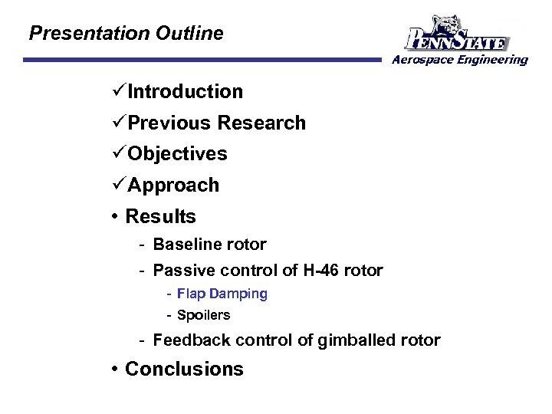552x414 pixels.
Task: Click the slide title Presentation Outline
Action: [x=126, y=34]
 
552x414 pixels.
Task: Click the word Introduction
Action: [x=186, y=92]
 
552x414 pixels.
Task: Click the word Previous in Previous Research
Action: [x=169, y=123]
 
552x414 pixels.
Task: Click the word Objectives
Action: [x=178, y=154]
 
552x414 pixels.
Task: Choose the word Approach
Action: [x=173, y=186]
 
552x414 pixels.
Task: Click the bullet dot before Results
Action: [x=115, y=217]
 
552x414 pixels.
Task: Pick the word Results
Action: [x=160, y=217]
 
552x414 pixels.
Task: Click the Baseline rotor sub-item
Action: [x=209, y=245]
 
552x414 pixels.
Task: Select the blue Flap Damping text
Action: [x=222, y=294]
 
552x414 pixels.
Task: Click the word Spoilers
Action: [x=203, y=315]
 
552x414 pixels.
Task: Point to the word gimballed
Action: [x=356, y=340]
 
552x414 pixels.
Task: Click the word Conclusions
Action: [x=184, y=370]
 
